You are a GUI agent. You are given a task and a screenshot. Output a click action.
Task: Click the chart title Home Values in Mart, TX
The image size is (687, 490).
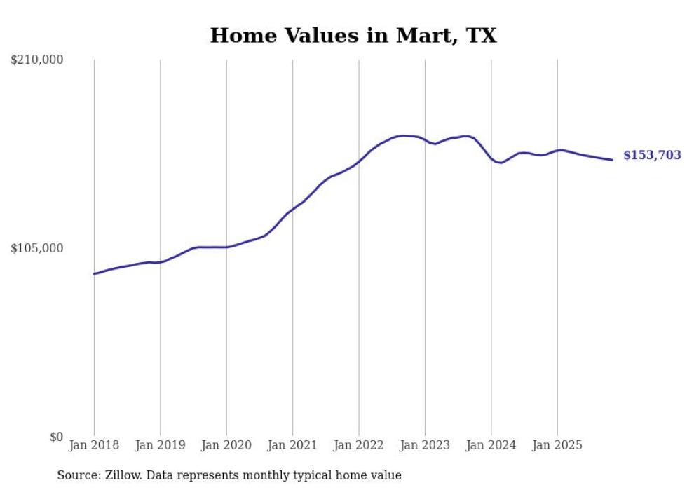(x=353, y=35)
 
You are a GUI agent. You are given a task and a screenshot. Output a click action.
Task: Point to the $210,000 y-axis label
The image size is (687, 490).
(x=37, y=60)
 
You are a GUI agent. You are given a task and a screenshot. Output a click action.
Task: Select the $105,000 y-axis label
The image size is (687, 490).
(x=37, y=248)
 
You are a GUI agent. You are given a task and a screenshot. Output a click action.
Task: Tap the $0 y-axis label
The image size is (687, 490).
(x=56, y=437)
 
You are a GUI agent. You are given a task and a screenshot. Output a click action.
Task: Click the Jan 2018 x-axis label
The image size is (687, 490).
(x=94, y=445)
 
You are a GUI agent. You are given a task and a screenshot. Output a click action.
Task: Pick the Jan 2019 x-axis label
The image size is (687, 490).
(x=160, y=445)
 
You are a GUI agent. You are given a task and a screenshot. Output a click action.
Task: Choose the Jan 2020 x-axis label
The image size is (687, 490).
(x=226, y=445)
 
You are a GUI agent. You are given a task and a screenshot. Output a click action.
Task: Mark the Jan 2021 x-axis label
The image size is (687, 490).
(x=292, y=445)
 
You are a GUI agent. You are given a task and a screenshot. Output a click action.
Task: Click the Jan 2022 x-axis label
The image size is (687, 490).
(x=359, y=445)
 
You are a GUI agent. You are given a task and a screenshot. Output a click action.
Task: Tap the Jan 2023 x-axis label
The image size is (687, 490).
(x=425, y=445)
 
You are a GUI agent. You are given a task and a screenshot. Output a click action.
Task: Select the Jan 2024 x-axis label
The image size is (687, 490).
(x=491, y=445)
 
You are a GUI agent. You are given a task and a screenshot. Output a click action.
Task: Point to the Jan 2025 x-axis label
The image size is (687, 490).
(x=557, y=445)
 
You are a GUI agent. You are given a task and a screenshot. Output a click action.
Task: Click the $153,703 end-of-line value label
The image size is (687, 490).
(x=652, y=156)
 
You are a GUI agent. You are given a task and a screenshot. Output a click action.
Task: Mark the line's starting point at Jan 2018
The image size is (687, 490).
(x=94, y=273)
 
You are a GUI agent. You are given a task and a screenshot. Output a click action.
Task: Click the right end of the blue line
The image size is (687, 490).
(x=612, y=160)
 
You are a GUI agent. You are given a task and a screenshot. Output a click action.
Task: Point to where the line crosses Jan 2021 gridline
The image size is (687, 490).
(x=292, y=209)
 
